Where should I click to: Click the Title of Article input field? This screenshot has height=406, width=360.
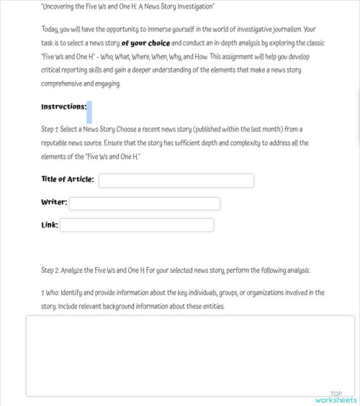[176, 180]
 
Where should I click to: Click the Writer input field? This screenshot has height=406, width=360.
[144, 203]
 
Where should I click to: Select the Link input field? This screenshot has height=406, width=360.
[137, 225]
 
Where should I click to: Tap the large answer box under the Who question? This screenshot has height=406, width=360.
[190, 356]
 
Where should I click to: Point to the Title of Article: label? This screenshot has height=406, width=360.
[68, 179]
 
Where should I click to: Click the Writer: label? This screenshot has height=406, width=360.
[54, 202]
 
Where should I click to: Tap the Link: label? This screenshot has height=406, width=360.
[50, 225]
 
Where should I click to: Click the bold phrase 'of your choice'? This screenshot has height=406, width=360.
[146, 43]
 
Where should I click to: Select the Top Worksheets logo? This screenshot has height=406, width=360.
[336, 397]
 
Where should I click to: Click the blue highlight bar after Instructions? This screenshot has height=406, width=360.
[89, 112]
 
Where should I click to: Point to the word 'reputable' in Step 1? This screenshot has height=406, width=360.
[58, 143]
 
